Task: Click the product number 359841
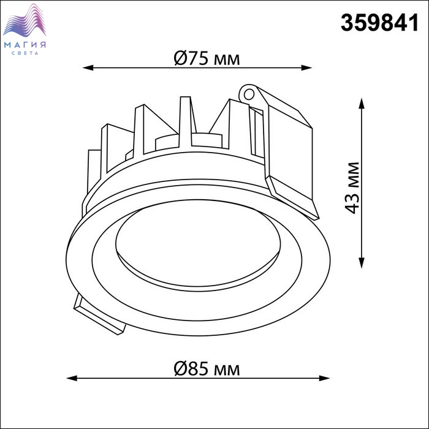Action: tap(379, 23)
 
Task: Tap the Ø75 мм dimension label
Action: tap(207, 58)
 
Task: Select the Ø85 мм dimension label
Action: tap(207, 369)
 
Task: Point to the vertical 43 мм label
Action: tap(352, 188)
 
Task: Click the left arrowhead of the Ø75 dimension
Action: tap(88, 67)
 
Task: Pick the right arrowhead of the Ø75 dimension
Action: tap(306, 67)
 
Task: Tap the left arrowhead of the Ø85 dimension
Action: tap(72, 378)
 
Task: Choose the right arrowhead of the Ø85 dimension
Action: tap(324, 378)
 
